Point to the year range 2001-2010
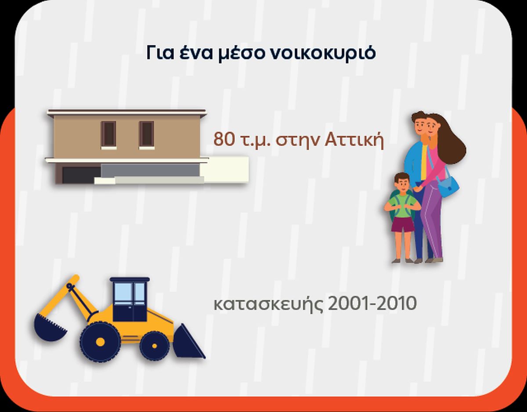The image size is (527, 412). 372,303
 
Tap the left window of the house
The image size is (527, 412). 108,134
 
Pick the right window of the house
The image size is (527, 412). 147,134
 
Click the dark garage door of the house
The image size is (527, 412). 81,175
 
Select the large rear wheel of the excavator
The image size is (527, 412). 100,342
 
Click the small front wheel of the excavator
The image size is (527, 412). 154,346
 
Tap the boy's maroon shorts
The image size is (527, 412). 403,224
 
